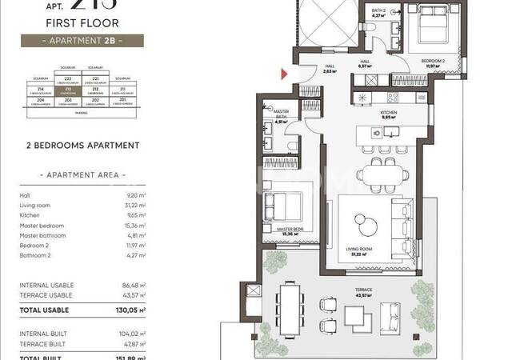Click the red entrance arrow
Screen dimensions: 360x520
click(x=283, y=74)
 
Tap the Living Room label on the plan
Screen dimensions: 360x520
click(x=361, y=250)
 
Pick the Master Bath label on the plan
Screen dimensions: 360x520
click(x=280, y=114)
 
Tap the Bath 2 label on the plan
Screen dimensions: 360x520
click(x=378, y=10)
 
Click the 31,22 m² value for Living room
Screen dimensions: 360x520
click(x=131, y=205)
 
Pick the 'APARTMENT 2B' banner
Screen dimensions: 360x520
click(x=82, y=40)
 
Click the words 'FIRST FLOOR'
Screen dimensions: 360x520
click(x=82, y=23)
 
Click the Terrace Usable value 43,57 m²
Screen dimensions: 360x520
click(x=130, y=295)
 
